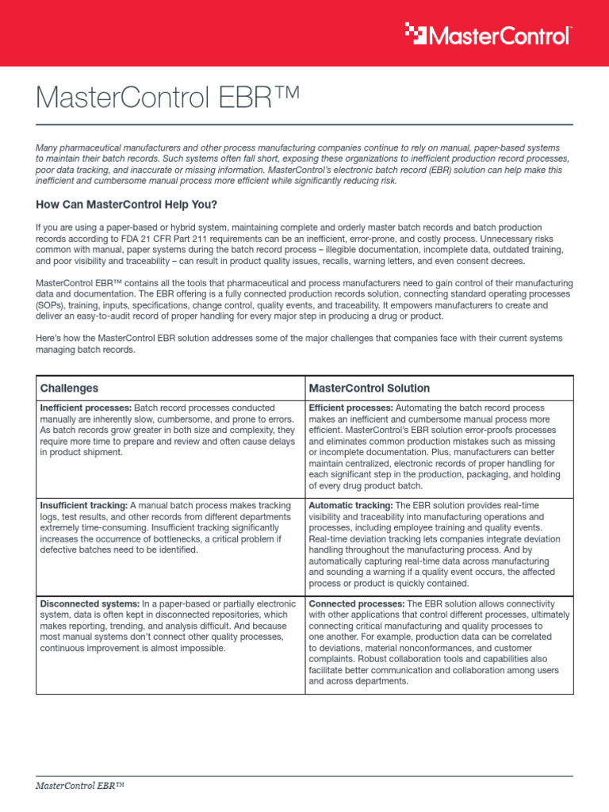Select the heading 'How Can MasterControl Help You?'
tap(126, 205)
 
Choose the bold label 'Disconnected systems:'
tap(87, 603)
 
